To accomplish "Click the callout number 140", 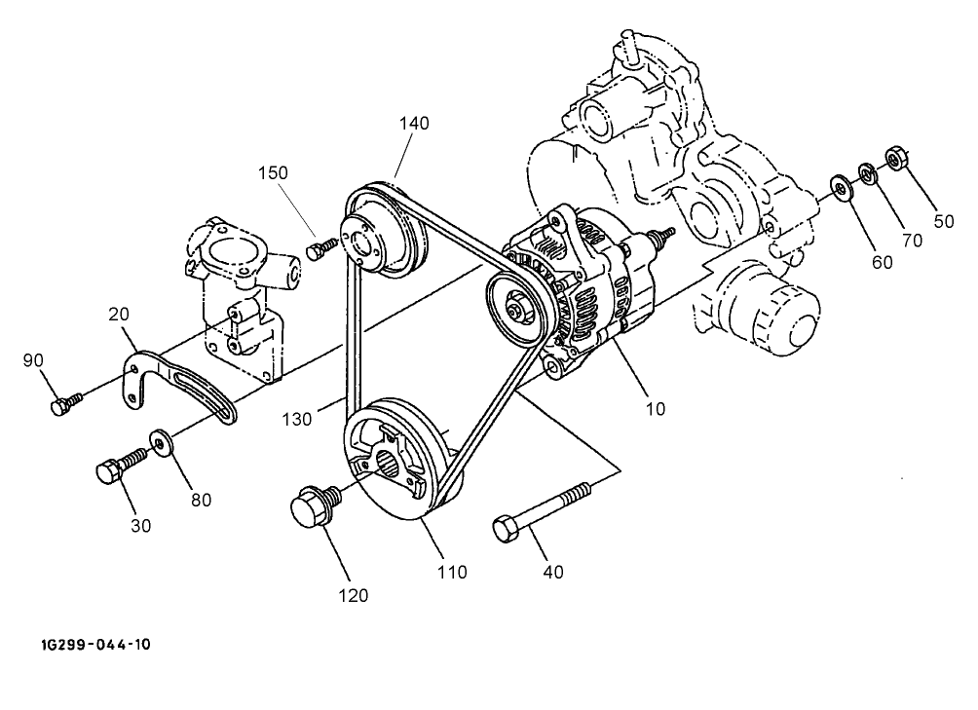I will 413,123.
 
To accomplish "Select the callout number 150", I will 274,172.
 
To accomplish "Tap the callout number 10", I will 656,409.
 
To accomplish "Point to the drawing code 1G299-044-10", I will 95,645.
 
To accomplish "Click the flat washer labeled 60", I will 839,186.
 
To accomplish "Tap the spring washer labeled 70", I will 866,172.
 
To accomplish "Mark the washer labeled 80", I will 162,441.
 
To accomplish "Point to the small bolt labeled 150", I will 318,251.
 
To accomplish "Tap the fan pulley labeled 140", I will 380,234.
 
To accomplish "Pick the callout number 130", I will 299,419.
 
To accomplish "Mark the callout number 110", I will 453,572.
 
